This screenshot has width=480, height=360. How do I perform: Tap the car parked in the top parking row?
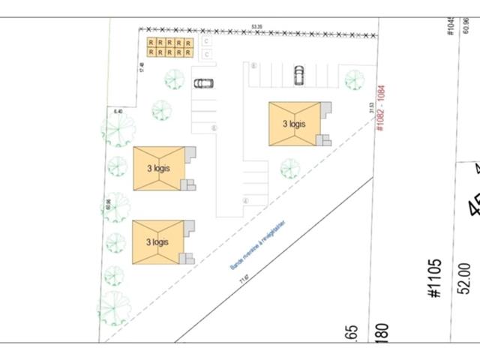click(x=299, y=74)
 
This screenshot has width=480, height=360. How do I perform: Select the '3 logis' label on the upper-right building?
click(x=294, y=124)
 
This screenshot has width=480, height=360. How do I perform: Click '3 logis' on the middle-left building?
click(x=157, y=168)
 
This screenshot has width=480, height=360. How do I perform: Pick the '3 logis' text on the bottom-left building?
click(x=157, y=241)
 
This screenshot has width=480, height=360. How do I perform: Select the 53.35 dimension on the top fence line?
click(x=257, y=27)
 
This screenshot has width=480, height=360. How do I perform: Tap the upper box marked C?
click(x=206, y=42)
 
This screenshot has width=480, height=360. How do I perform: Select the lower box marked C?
click(x=206, y=53)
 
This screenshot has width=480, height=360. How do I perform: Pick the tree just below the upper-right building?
click(x=290, y=168)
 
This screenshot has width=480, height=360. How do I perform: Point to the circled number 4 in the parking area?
click(x=245, y=200)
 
